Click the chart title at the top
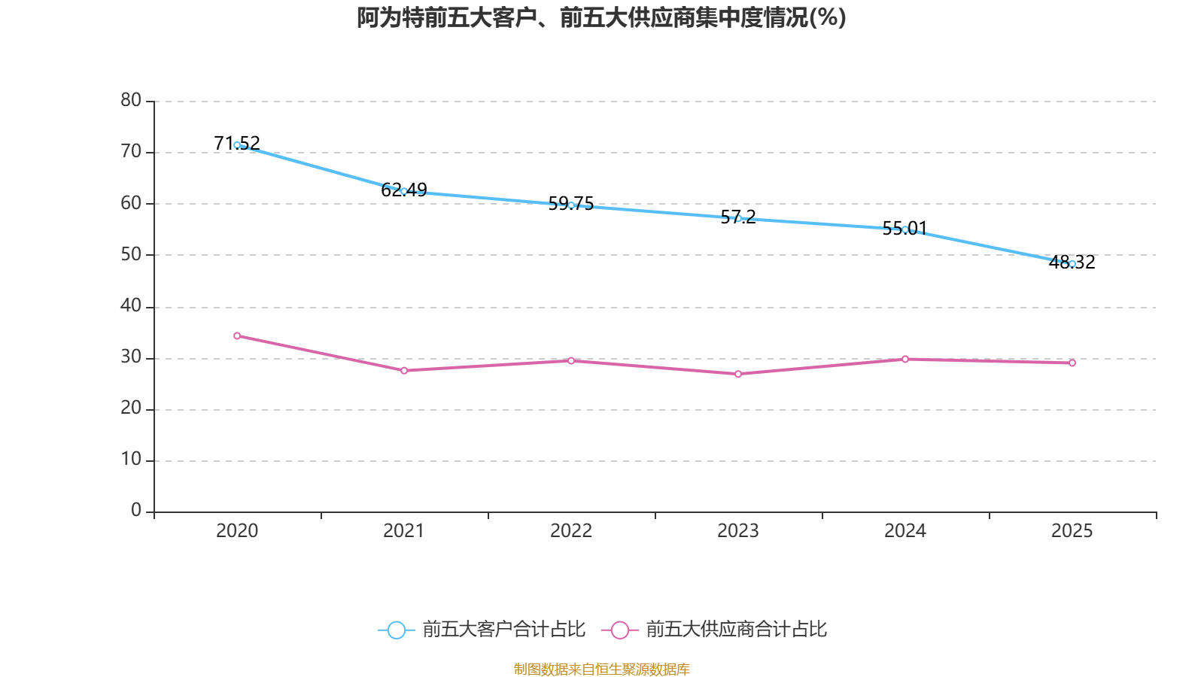(601, 18)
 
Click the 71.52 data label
(237, 143)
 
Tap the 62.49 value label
(403, 190)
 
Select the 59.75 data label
(571, 204)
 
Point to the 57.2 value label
(738, 217)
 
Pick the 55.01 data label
(905, 229)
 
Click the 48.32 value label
(1072, 263)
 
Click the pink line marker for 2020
(237, 335)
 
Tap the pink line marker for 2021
(404, 371)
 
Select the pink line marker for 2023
(738, 374)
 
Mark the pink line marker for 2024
(905, 359)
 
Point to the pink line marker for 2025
(1072, 363)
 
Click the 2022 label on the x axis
(571, 531)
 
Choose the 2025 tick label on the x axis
(1072, 531)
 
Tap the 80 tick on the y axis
(131, 101)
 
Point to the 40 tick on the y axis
(131, 306)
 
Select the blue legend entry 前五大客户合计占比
(482, 630)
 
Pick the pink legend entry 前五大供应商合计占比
(714, 630)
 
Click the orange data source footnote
(601, 669)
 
